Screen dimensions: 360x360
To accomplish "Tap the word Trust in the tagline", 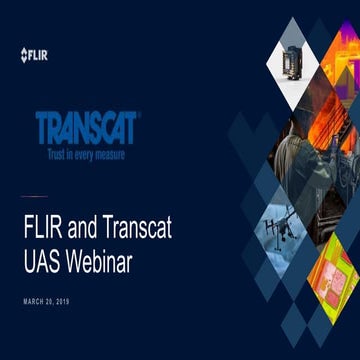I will (x=58, y=155).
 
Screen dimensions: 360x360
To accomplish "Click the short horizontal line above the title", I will (x=34, y=195).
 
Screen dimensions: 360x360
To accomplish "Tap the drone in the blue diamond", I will (x=283, y=226).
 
